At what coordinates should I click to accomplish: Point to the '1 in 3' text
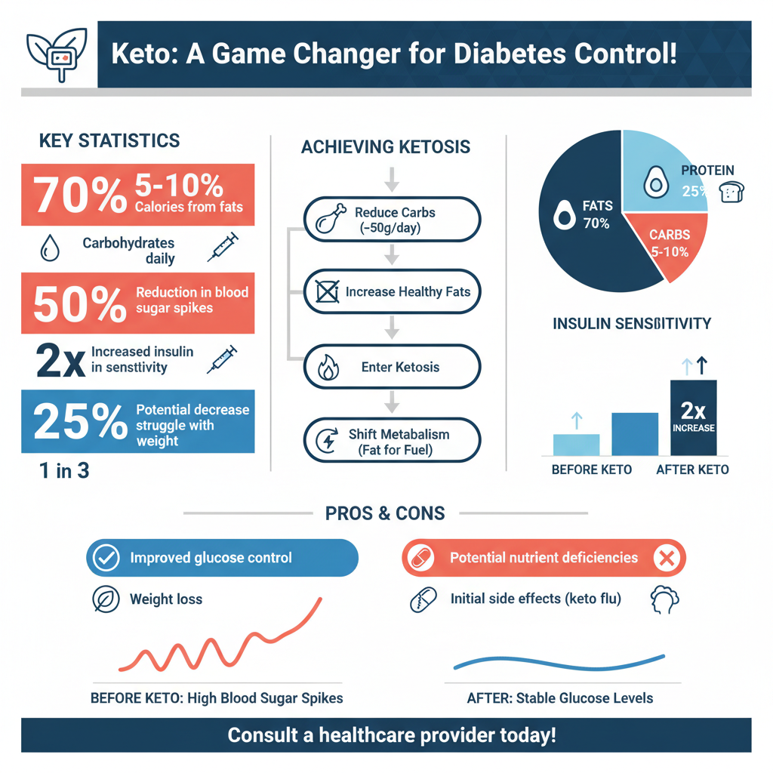(64, 471)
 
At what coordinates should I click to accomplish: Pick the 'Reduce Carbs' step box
(391, 220)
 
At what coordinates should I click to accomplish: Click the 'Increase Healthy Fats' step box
(391, 291)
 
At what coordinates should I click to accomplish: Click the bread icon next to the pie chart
(732, 192)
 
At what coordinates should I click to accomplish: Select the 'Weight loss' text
(166, 599)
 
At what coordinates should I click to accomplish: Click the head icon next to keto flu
(664, 599)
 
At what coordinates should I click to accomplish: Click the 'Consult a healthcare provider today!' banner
(386, 735)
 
